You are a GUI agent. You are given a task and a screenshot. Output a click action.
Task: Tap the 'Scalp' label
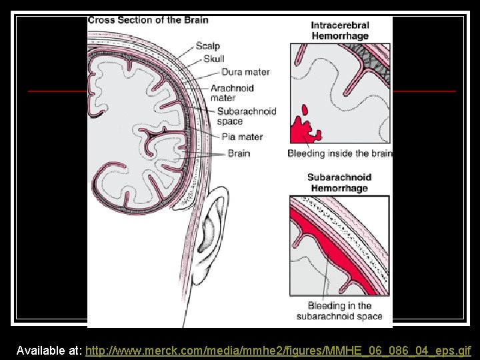208,46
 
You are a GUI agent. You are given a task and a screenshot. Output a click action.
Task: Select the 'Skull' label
214,59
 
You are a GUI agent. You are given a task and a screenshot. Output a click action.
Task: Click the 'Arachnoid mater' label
231,93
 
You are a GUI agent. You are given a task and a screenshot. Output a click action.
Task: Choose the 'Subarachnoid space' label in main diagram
246,116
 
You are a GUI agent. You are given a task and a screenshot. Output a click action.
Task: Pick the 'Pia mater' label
242,137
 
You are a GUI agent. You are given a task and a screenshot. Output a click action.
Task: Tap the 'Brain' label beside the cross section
239,153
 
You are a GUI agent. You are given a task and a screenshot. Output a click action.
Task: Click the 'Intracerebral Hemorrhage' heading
339,31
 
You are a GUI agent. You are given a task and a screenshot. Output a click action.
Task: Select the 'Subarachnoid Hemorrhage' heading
339,183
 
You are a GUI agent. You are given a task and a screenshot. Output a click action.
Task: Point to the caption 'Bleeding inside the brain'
340,153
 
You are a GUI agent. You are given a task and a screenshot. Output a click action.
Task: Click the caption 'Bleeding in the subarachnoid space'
339,311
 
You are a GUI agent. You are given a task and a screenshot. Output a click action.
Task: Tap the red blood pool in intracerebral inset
305,127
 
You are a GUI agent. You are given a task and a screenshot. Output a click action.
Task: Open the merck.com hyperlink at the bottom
279,350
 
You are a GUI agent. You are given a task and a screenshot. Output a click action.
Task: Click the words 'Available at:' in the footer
50,350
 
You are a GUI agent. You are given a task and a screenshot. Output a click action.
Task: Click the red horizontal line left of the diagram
57,90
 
